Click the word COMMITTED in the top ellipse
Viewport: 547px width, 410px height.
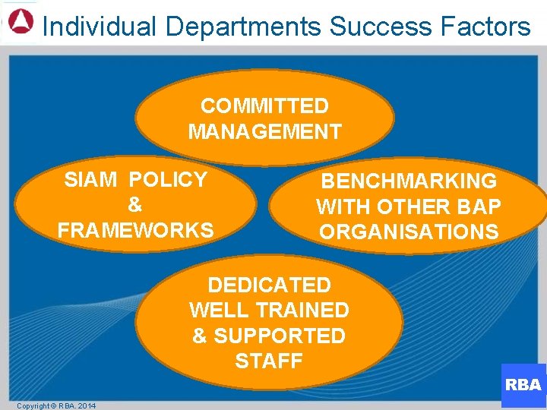[264, 106]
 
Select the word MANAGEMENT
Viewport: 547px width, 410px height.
[264, 132]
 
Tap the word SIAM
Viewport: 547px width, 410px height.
[91, 180]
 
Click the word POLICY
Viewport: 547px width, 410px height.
[169, 180]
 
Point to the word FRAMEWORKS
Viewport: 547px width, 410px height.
[135, 230]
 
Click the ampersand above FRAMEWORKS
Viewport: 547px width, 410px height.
[135, 205]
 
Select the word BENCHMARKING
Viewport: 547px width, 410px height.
[409, 181]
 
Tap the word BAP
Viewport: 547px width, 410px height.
[480, 207]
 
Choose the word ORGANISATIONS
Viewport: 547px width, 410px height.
[409, 232]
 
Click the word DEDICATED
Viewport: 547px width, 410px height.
[269, 285]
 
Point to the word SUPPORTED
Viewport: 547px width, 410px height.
[280, 336]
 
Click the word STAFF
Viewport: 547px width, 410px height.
[269, 361]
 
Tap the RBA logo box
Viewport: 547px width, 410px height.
[523, 385]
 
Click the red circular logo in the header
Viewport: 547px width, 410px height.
[21, 20]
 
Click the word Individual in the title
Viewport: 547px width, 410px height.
[100, 27]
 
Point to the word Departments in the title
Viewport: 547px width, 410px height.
[243, 27]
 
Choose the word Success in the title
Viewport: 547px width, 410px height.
[376, 27]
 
